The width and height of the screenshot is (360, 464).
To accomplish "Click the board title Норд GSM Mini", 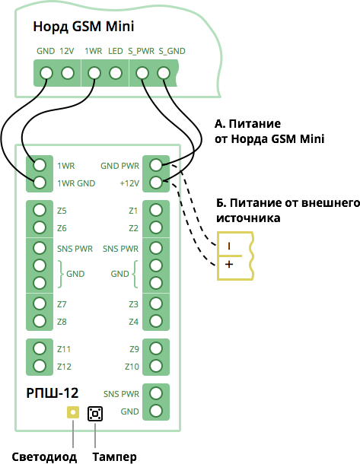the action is [x=84, y=27].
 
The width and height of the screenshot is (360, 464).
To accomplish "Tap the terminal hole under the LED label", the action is [x=116, y=73].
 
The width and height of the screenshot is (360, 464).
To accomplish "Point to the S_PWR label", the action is [x=142, y=51].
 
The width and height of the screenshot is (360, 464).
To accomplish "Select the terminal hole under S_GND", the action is [x=164, y=73].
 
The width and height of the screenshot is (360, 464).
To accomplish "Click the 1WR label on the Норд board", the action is [x=94, y=51].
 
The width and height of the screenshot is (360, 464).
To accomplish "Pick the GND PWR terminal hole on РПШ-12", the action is [x=156, y=165].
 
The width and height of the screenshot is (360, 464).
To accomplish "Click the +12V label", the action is [x=129, y=183].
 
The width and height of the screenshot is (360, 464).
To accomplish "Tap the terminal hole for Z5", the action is [x=40, y=210].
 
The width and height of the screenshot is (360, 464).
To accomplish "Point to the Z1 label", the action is [x=133, y=211].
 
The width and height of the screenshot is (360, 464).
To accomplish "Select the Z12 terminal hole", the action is [x=40, y=366].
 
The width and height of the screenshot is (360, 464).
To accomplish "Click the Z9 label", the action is [x=134, y=349].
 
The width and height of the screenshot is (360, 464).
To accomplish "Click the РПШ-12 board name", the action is [x=53, y=393].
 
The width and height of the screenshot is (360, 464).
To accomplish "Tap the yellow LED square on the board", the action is [x=73, y=412].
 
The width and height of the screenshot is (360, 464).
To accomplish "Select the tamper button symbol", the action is [x=95, y=413].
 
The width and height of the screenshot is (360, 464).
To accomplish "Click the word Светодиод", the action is [x=44, y=457].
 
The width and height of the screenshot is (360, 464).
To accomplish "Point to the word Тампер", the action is [x=115, y=457].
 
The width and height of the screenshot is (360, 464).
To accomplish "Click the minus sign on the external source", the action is [x=229, y=246].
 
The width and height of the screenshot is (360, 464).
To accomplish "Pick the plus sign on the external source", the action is [x=229, y=264].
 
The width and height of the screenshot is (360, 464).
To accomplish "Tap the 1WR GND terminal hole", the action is [x=40, y=183].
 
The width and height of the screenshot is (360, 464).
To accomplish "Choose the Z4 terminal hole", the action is [x=156, y=321].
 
